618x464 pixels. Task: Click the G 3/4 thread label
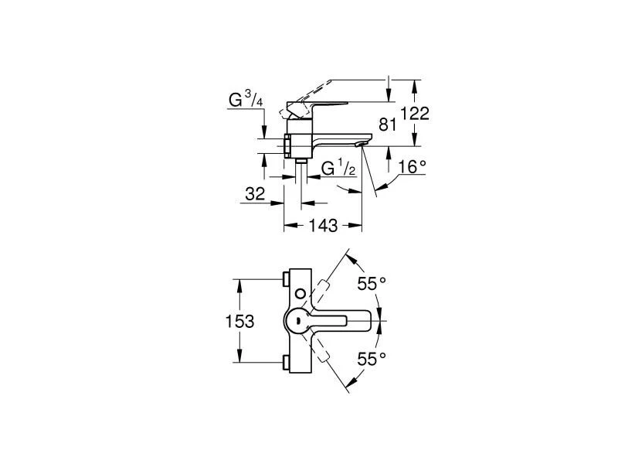[x=246, y=100]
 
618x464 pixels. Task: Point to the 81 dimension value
[x=388, y=124]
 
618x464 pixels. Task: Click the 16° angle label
[x=413, y=166]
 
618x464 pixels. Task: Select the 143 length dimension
[x=324, y=225]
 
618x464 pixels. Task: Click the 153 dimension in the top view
[x=240, y=320]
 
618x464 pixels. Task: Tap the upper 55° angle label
[x=372, y=283]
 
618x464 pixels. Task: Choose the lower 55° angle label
[x=372, y=358]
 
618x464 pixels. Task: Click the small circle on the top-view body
[x=299, y=294]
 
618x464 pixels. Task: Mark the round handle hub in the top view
[x=298, y=319]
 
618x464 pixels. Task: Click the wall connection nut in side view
[x=287, y=145]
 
